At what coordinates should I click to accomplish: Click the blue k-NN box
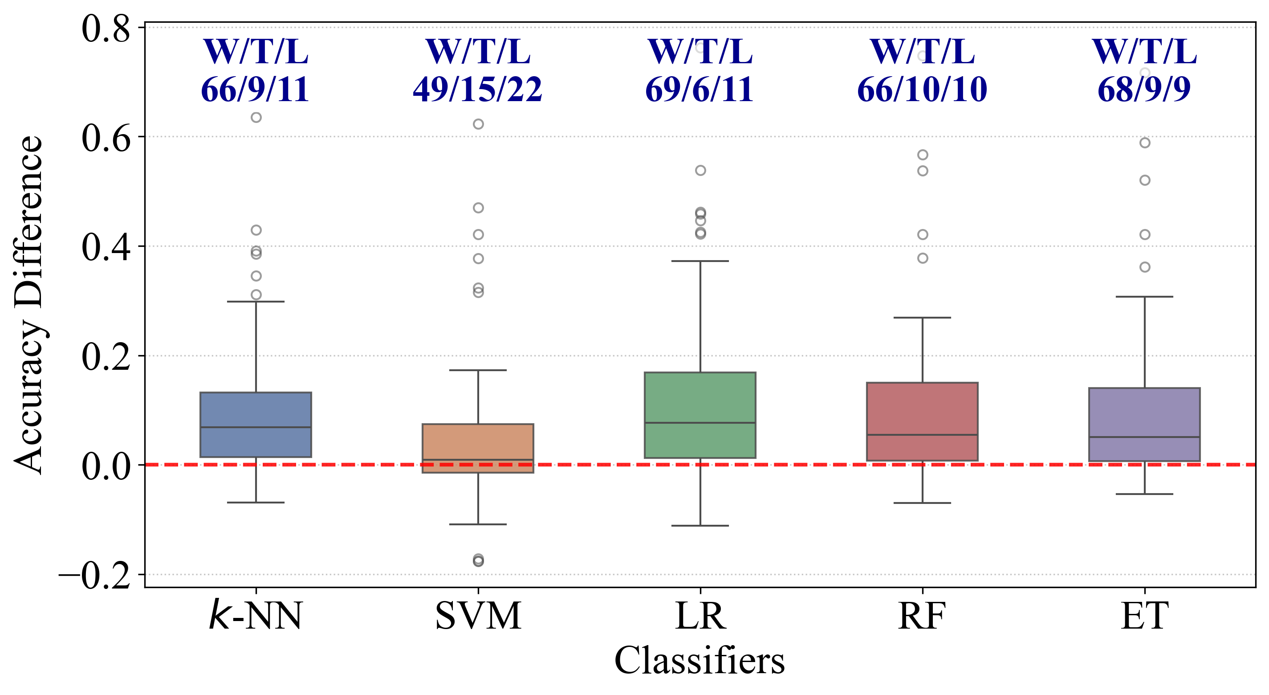tap(256, 425)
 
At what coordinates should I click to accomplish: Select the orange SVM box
tap(478, 448)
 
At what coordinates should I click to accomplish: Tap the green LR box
tap(700, 415)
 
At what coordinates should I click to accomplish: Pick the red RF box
tap(922, 421)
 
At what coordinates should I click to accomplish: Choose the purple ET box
tap(1144, 425)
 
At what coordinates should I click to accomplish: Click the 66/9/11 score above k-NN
tap(255, 90)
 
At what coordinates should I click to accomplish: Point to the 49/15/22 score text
tap(477, 90)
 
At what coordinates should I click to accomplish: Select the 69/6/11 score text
tap(700, 90)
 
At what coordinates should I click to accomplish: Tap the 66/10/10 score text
tap(922, 90)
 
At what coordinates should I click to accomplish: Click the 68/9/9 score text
tap(1144, 90)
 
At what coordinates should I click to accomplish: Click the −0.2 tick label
tap(94, 576)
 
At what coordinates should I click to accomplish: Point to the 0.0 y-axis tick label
tap(106, 466)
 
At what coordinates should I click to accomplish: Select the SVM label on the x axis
tap(478, 616)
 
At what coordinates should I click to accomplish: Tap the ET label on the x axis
tap(1144, 616)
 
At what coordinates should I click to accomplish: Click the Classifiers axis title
tap(700, 661)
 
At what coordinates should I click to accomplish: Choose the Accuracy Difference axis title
tap(28, 305)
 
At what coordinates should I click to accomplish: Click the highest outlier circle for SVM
tap(478, 124)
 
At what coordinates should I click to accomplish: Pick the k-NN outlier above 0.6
tap(256, 117)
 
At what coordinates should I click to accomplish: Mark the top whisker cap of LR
tap(700, 261)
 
